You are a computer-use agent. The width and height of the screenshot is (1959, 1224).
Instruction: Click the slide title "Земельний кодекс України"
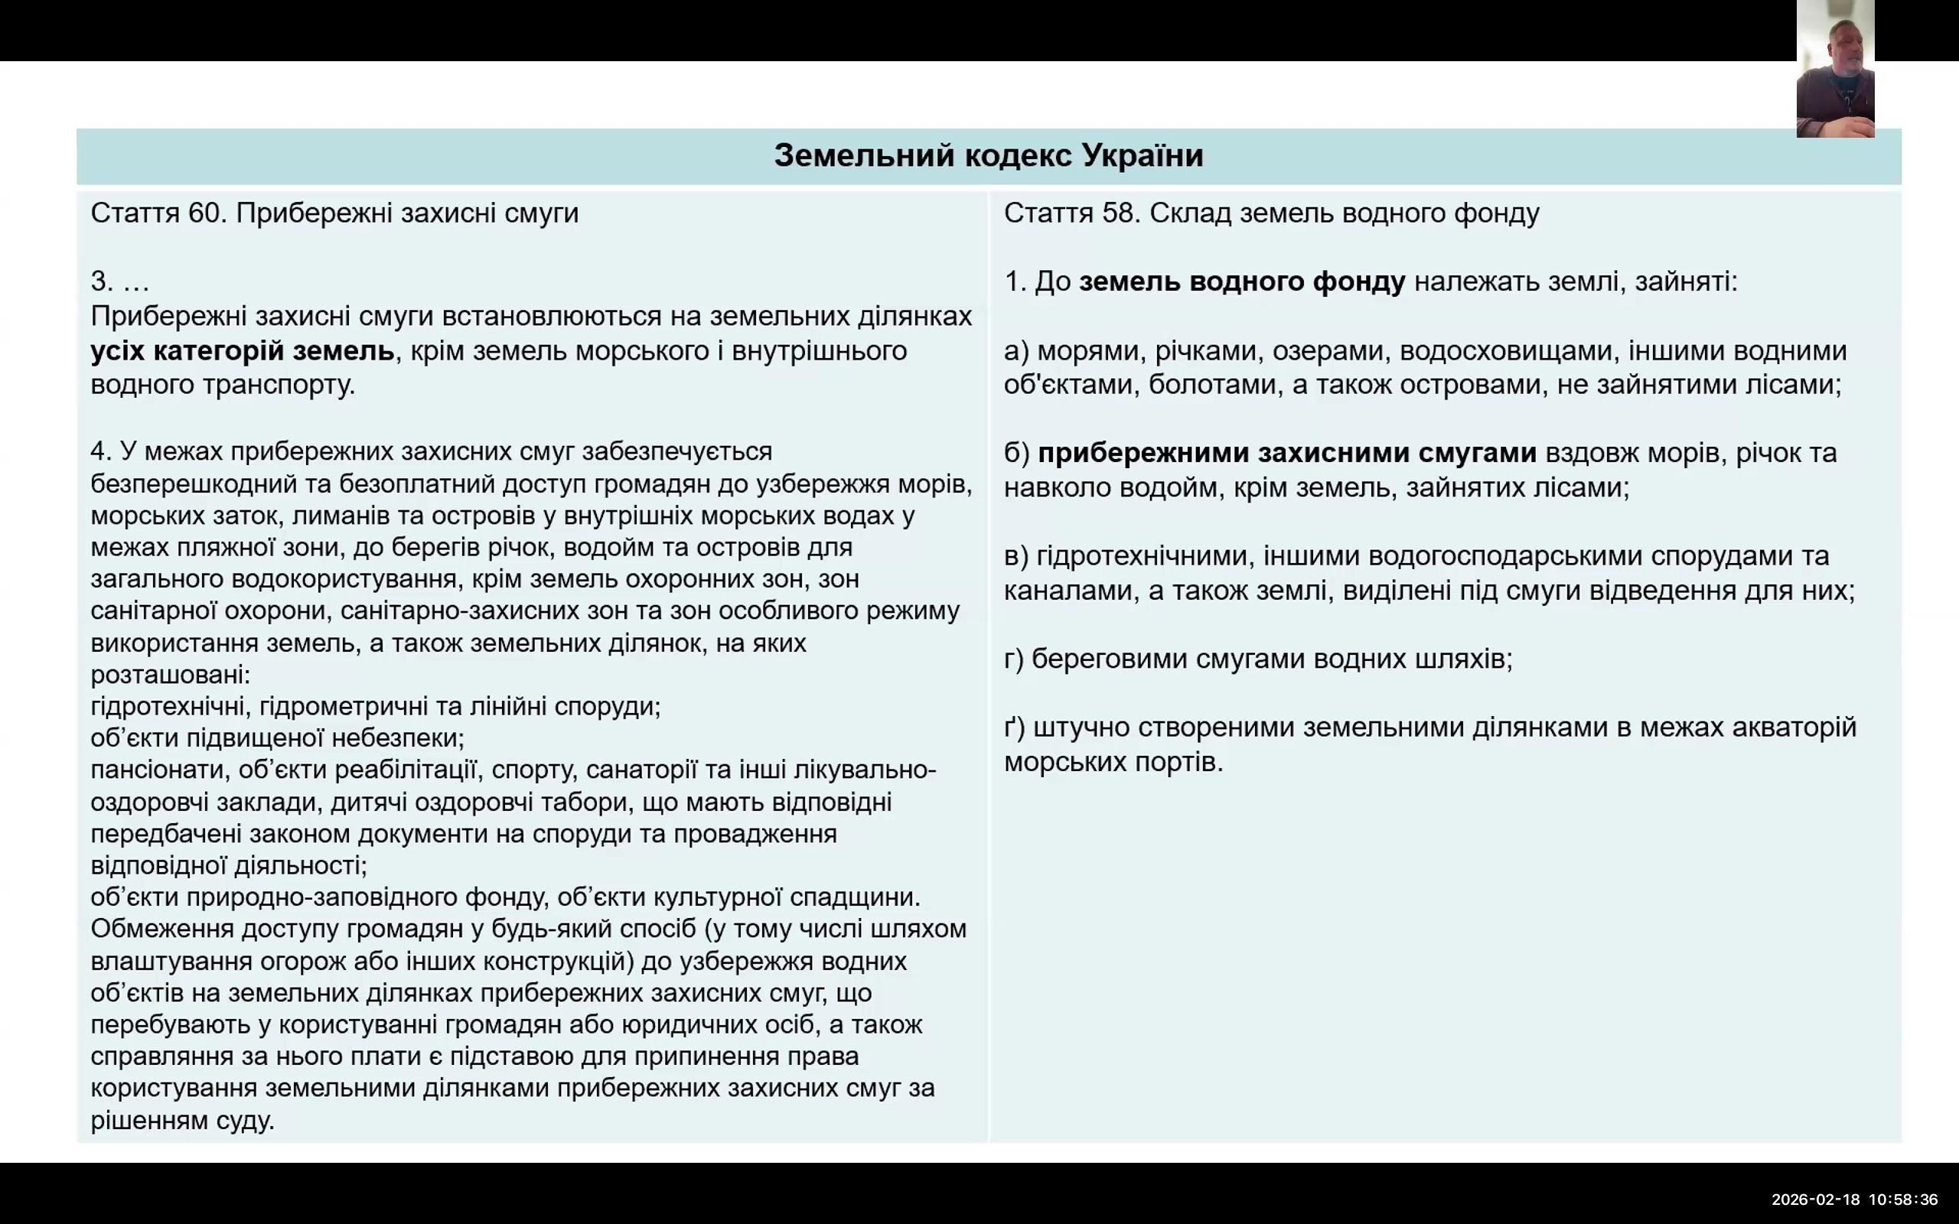(x=989, y=155)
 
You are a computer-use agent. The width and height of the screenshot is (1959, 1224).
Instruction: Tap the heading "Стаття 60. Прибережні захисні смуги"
(x=334, y=213)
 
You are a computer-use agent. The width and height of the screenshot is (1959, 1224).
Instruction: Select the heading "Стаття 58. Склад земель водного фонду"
(x=1271, y=213)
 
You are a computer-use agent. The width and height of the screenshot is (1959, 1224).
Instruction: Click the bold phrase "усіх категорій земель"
(x=242, y=350)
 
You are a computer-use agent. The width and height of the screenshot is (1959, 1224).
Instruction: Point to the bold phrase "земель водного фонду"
(x=1242, y=282)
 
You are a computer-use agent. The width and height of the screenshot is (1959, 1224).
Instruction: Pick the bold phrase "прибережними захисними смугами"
(x=1286, y=453)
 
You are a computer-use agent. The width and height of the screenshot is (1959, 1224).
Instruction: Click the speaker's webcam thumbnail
(x=1834, y=69)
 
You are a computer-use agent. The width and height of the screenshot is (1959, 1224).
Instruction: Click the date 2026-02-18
(x=1815, y=1200)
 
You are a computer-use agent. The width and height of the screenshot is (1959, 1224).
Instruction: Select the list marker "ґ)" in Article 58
(x=1014, y=727)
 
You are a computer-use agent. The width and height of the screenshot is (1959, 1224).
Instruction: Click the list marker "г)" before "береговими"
(x=1013, y=659)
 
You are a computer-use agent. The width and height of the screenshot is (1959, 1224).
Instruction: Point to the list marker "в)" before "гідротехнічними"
(x=1015, y=556)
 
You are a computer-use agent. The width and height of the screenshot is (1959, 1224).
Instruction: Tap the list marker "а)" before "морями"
(x=1016, y=351)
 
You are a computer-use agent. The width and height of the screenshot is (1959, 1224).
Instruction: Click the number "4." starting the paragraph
(x=101, y=451)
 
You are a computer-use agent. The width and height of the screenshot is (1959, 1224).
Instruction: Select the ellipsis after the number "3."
(x=136, y=282)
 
